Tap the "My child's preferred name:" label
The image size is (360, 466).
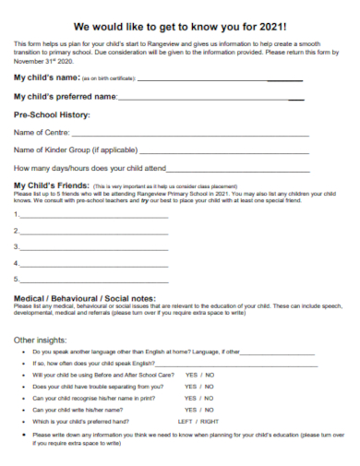click(x=66, y=96)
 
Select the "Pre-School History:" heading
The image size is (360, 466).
click(x=52, y=114)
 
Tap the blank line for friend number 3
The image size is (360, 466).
click(x=93, y=248)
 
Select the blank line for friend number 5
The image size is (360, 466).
click(x=93, y=280)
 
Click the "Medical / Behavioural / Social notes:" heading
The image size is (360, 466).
click(x=85, y=298)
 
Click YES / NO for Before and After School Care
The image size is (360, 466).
click(x=199, y=376)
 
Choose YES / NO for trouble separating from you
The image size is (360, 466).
click(x=199, y=387)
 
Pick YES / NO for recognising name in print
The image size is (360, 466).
click(x=199, y=399)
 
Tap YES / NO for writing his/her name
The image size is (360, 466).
click(x=199, y=410)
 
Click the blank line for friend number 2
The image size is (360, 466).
click(x=93, y=233)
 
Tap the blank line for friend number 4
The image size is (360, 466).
click(x=93, y=264)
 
